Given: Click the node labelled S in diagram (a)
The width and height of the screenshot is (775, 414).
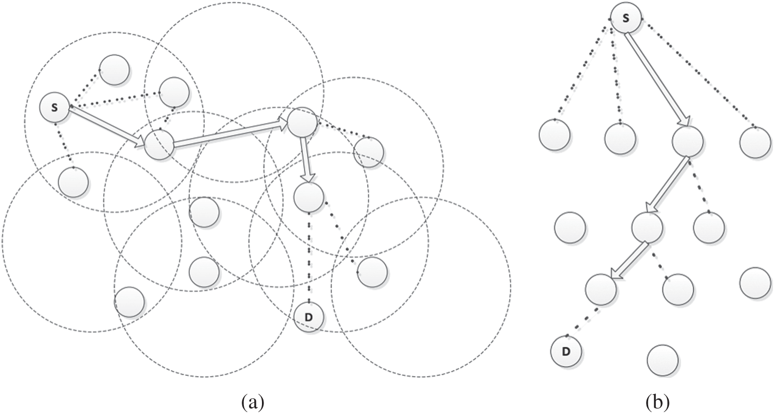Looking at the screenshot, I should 55,108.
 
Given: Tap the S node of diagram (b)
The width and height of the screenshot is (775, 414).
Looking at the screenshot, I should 625,18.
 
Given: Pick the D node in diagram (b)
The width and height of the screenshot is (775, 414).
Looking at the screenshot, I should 566,351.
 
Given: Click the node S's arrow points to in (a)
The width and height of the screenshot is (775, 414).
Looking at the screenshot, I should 159,145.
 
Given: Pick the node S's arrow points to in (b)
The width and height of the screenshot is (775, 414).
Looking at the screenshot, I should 688,141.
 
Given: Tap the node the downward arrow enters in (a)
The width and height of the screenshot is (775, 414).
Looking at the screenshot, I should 309,196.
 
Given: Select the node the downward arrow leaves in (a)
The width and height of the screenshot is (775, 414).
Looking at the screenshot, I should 302,122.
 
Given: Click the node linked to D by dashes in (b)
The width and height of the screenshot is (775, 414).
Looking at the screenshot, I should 601,290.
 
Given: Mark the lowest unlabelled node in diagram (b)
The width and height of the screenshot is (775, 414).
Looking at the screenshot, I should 663,361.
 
